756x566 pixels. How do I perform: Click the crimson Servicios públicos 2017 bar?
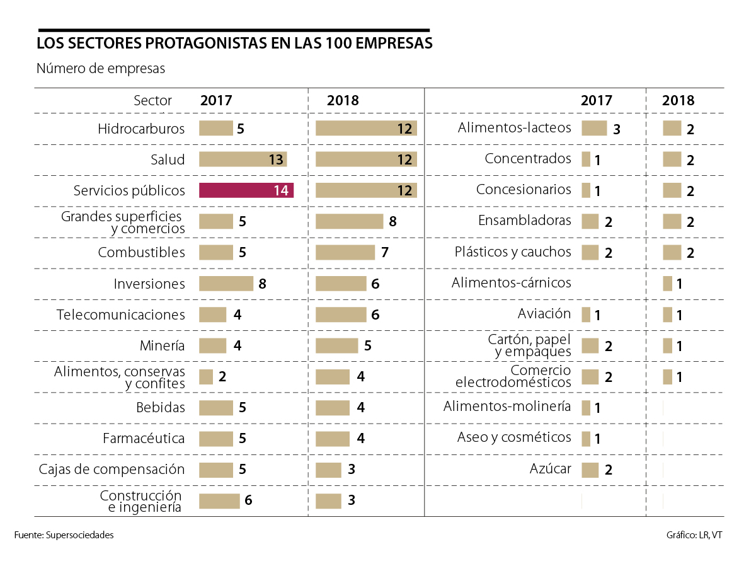pos(246,190)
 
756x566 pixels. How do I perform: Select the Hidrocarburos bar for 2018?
pos(366,129)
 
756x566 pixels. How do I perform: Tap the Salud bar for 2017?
pos(243,159)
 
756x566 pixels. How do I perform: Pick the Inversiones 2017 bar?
pos(226,284)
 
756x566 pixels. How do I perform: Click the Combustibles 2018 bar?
pos(345,253)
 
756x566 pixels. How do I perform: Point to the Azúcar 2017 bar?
pos(590,470)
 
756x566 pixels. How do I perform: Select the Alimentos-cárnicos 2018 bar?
pos(667,284)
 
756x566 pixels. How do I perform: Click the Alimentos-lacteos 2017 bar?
pos(593,129)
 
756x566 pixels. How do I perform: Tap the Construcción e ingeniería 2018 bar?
pos(328,501)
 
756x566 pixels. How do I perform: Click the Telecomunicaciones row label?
pos(120,315)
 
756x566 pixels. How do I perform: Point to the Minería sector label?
pos(162,345)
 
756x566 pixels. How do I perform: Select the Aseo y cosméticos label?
pos(514,437)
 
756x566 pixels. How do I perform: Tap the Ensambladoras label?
pos(524,221)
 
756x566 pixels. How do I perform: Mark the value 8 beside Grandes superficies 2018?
pos(392,222)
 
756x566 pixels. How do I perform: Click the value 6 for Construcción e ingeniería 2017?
pos(248,501)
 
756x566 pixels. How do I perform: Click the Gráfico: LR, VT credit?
pos(694,535)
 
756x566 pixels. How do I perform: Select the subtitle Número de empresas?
pos(101,69)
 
